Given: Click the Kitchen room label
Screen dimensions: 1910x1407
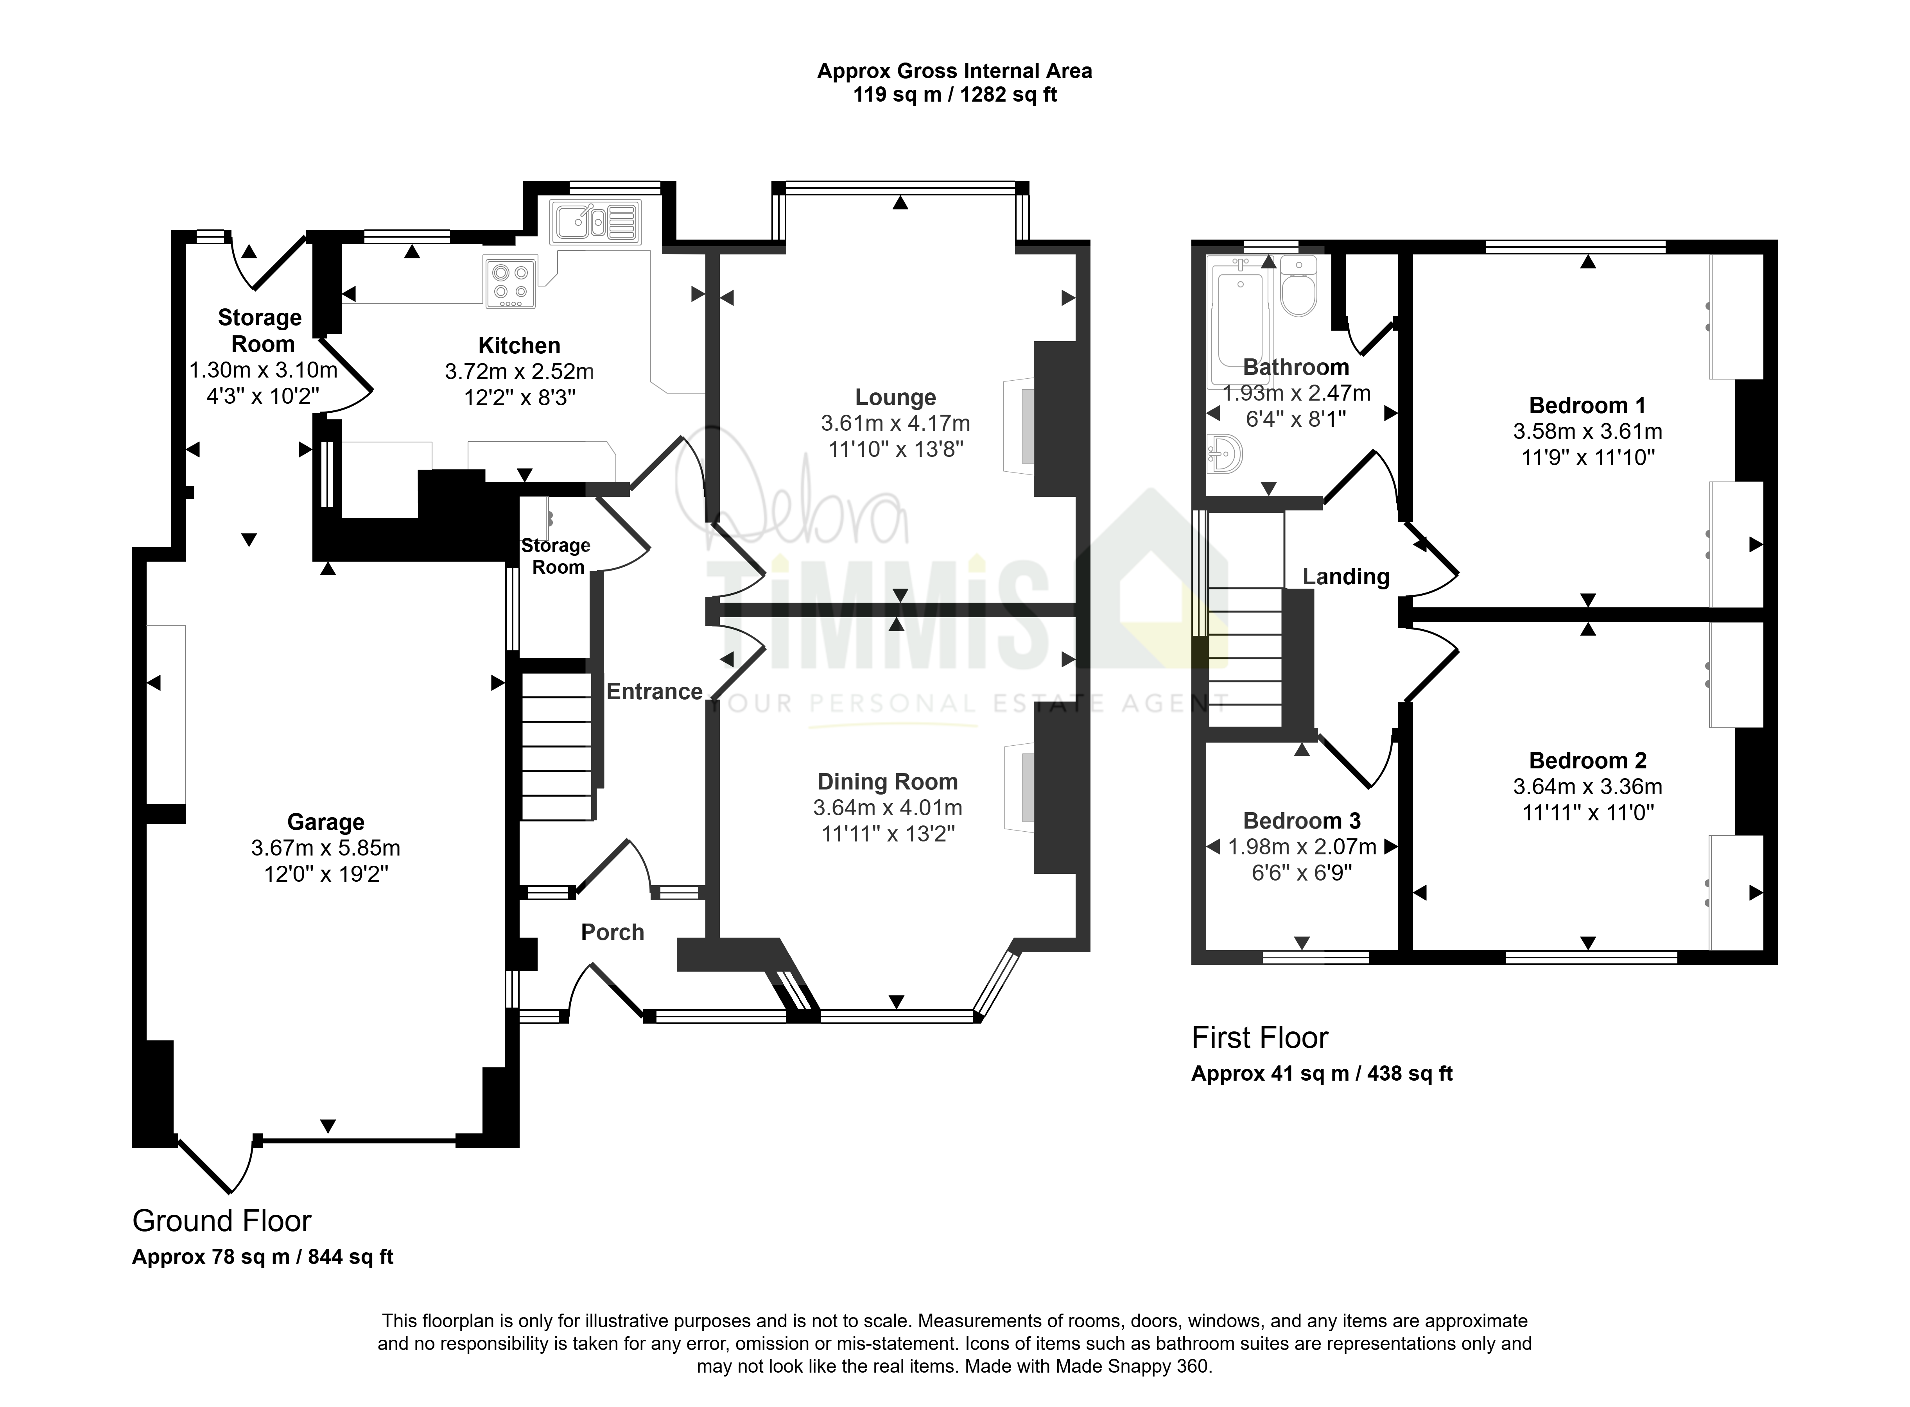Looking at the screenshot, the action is click(519, 346).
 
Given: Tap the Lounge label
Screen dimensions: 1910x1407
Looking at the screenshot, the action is click(895, 397).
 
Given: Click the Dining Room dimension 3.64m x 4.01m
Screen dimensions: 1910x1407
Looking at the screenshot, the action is click(888, 807).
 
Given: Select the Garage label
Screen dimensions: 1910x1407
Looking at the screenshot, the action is click(325, 822).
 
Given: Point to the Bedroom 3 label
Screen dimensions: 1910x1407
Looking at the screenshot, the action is click(1302, 821).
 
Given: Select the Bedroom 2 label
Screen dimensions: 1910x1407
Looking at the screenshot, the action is click(1588, 761).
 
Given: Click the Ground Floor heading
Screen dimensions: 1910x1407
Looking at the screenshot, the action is click(222, 1221).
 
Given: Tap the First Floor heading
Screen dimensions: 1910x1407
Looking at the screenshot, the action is click(1259, 1038).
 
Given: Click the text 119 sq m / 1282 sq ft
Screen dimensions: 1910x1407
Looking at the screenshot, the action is click(955, 95).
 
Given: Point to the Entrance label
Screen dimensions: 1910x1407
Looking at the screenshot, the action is click(654, 691).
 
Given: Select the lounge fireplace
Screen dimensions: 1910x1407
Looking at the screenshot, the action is click(1020, 425).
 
